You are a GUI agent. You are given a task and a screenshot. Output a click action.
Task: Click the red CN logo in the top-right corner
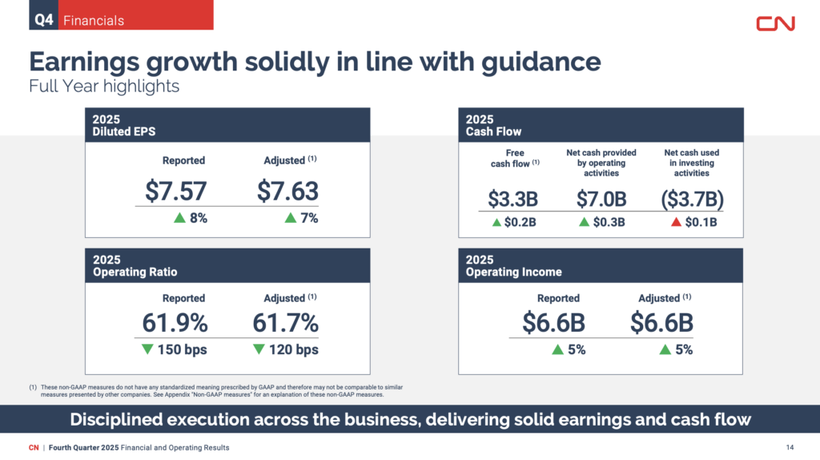click(x=775, y=23)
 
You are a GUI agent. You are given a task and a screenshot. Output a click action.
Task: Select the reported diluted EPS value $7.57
click(x=176, y=190)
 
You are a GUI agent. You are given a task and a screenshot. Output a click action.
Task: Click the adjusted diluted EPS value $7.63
click(x=287, y=190)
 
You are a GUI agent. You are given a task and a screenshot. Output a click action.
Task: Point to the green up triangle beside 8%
click(x=180, y=219)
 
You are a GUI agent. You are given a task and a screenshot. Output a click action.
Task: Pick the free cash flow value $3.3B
click(x=512, y=198)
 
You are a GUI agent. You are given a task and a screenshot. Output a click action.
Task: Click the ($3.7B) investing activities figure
click(x=687, y=198)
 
